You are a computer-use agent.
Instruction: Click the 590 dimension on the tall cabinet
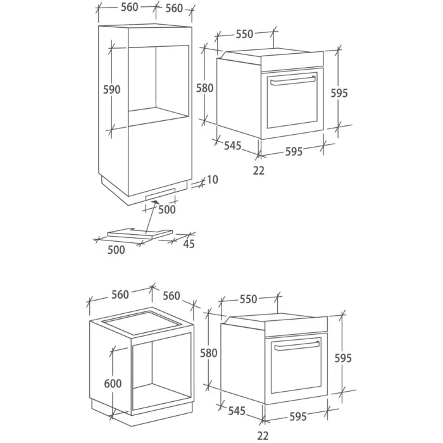(111, 90)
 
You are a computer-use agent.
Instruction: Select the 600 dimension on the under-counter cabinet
(113, 384)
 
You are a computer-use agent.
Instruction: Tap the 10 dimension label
(213, 180)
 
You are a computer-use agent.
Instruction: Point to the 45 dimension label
(189, 244)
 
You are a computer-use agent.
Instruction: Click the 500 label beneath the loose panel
(116, 250)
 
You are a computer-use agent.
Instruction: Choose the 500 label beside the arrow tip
(167, 209)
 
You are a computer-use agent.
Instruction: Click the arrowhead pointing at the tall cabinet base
(155, 203)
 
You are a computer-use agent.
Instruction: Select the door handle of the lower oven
(297, 346)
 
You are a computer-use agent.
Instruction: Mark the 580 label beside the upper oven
(205, 88)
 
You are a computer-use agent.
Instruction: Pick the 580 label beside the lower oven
(208, 353)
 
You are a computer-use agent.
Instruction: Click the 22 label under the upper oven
(259, 171)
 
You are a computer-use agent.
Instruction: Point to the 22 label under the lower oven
(263, 435)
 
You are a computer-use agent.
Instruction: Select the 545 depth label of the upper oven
(233, 146)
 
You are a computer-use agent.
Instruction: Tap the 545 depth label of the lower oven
(237, 411)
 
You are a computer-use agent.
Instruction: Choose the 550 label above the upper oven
(244, 34)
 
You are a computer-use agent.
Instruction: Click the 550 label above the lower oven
(248, 299)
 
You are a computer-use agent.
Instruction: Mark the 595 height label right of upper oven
(339, 93)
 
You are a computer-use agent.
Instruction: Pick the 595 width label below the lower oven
(298, 416)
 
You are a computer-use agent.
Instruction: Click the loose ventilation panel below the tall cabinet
(140, 234)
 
